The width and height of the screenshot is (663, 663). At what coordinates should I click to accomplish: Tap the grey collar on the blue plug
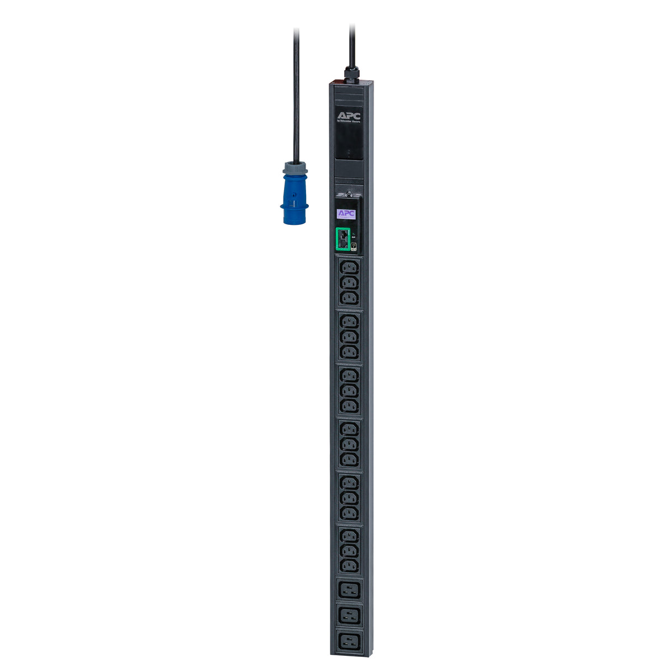[x=295, y=168]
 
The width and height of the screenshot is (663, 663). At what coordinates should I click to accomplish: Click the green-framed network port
[x=343, y=239]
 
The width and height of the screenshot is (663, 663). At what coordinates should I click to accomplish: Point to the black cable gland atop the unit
[x=350, y=73]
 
